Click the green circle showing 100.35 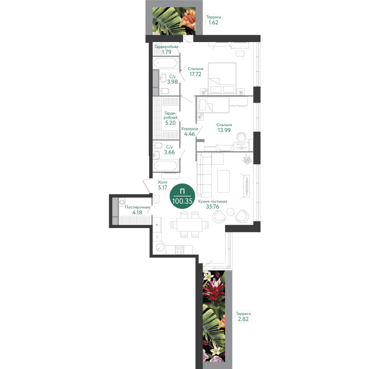pos(182,196)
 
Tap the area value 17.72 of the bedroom pos(195,74)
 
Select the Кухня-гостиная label pos(213,201)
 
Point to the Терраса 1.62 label pos(213,20)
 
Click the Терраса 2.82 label pos(243,317)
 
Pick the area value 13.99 pos(224,130)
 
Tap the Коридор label pos(190,129)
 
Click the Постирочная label pos(137,207)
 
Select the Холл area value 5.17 pos(162,187)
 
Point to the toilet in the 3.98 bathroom pos(164,91)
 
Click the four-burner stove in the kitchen pos(179,250)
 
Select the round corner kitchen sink pos(161,247)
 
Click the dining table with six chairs pos(189,225)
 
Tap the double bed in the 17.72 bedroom pos(222,78)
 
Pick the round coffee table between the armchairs pos(230,212)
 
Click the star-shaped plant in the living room pos(247,160)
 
